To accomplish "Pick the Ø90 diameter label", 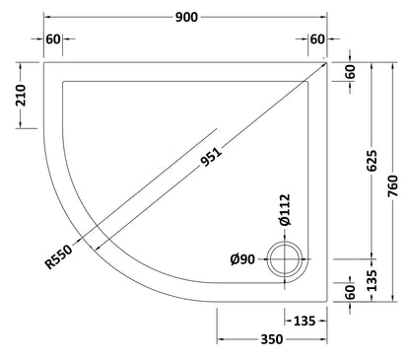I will (x=243, y=259).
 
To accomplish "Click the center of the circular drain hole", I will (x=289, y=261).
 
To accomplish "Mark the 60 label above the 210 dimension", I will (x=53, y=38).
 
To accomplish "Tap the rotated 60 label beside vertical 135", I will (x=351, y=291).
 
